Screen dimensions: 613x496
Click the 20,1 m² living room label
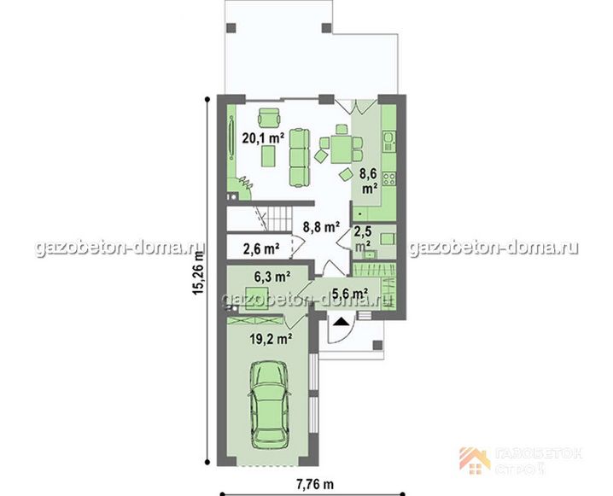pos(263,138)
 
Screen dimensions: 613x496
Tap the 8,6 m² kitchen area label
pos(370,181)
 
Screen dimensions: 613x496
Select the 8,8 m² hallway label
pos(321,226)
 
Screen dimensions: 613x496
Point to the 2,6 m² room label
pos(261,248)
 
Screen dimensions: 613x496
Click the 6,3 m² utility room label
pos(272,277)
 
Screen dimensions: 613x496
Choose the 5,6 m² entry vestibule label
pos(349,293)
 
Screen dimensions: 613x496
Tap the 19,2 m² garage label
pos(271,338)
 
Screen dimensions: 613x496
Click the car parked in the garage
pos(270,404)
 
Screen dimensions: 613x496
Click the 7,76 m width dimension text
pos(315,484)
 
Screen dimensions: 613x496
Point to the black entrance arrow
pos(342,322)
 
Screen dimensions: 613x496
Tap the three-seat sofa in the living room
pos(300,157)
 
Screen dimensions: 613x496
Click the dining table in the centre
pos(342,149)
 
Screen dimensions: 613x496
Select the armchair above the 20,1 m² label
pos(269,117)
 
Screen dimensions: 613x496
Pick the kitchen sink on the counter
pos(389,142)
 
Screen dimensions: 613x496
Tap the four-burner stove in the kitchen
pos(389,179)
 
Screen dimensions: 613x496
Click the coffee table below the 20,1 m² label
pos(269,156)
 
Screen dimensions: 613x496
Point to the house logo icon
pos(475,461)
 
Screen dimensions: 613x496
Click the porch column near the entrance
pos(377,345)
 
